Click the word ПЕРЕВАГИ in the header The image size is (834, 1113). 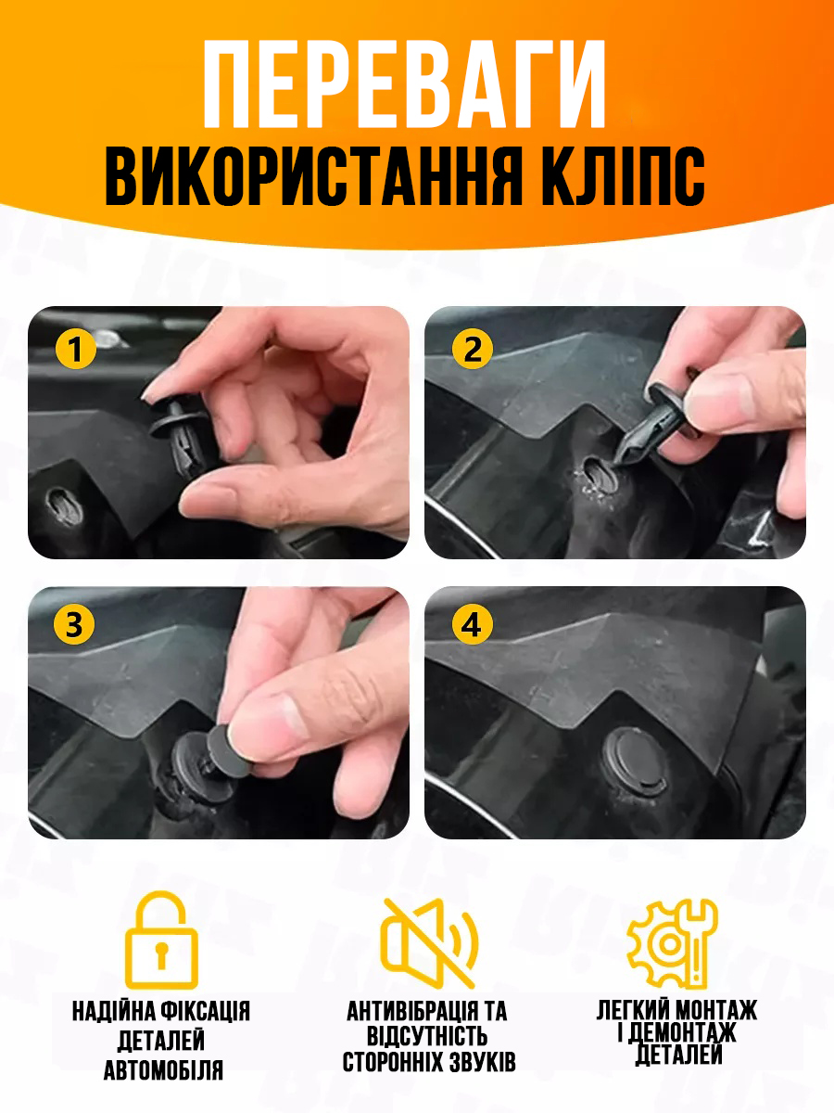[x=404, y=83]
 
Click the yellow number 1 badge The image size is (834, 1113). [x=75, y=349]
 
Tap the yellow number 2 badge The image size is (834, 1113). [x=472, y=349]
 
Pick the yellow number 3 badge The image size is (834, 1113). [x=74, y=625]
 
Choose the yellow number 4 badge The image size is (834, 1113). [x=472, y=625]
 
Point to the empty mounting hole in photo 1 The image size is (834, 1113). [x=65, y=505]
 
